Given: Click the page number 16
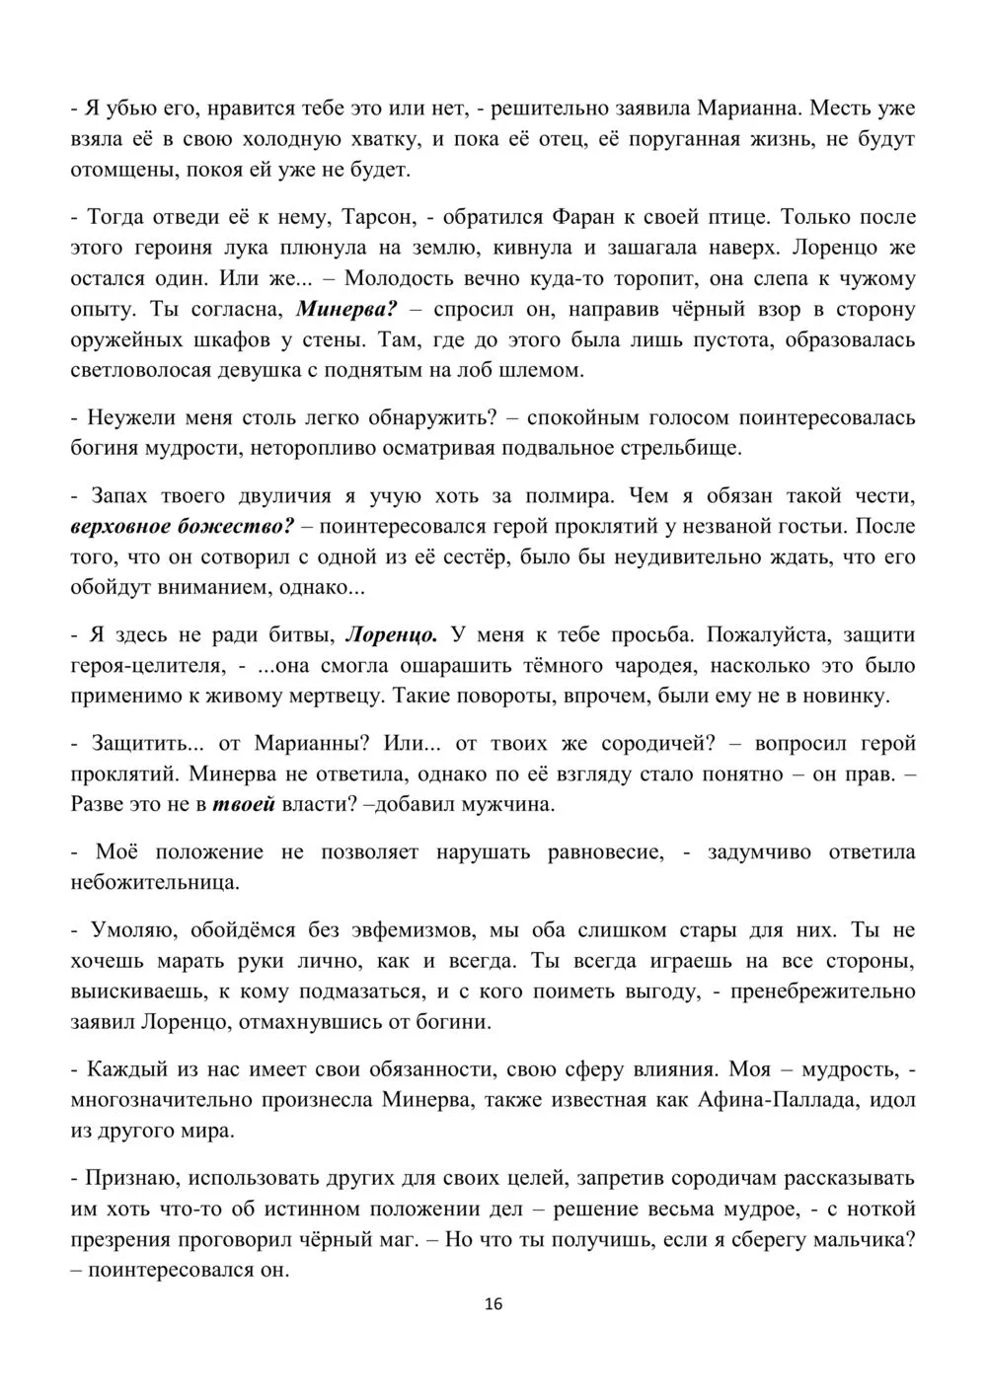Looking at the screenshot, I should pyautogui.click(x=493, y=1304).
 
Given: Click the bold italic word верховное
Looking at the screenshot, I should pyautogui.click(x=125, y=525).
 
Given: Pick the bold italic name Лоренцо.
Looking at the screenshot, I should pyautogui.click(x=395, y=632).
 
